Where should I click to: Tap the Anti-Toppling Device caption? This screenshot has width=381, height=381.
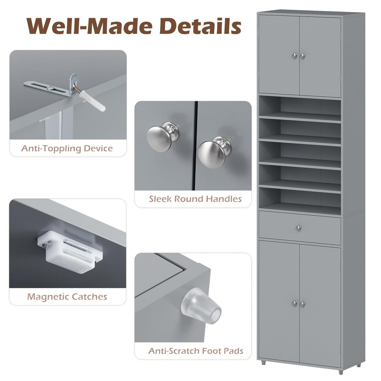tap(67, 148)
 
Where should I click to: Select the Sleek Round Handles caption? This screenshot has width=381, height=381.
tap(195, 199)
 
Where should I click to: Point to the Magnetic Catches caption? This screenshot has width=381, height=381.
tap(67, 297)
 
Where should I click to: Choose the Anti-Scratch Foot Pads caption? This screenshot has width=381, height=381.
tap(196, 351)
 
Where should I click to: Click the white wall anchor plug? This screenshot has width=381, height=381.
tap(95, 103)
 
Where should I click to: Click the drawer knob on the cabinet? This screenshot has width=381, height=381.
tap(298, 228)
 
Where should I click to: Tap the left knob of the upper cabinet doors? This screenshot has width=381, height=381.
tap(295, 55)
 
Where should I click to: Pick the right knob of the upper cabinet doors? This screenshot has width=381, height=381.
tap(302, 55)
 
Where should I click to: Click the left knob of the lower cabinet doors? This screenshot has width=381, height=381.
tap(295, 304)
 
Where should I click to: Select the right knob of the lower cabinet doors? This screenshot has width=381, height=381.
tap(302, 304)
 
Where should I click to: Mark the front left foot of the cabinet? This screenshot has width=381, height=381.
tap(263, 363)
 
